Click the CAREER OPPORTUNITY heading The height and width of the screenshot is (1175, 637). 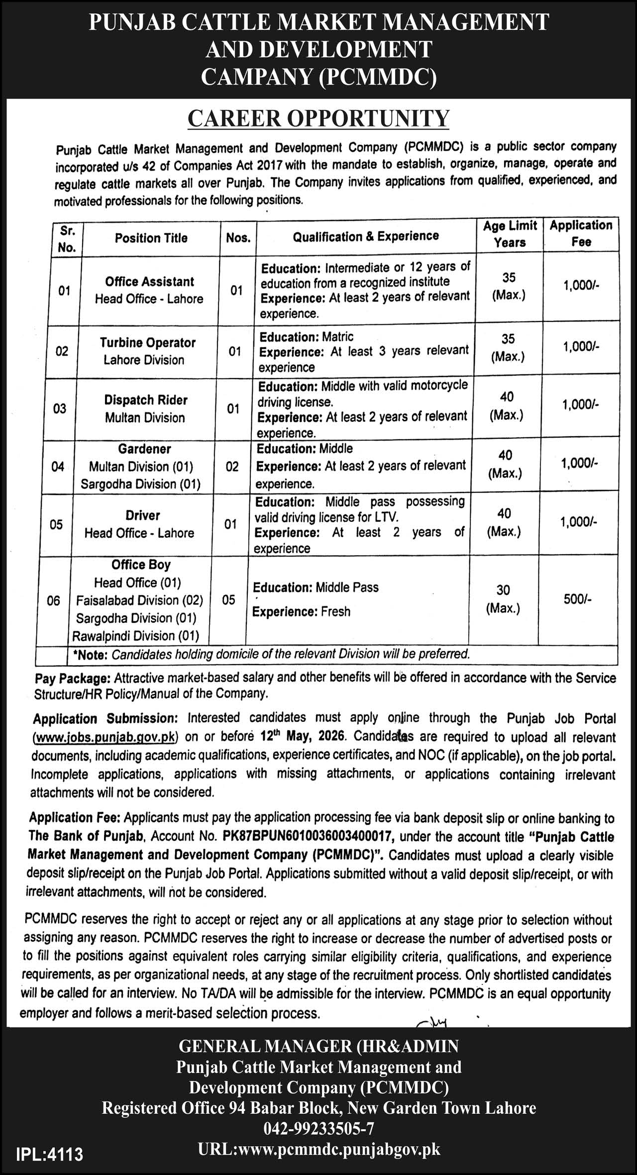click(x=318, y=118)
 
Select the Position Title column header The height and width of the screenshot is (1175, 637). click(x=151, y=238)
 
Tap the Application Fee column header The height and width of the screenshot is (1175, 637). click(x=581, y=233)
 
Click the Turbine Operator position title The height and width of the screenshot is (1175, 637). click(x=148, y=343)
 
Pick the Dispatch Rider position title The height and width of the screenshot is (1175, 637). click(x=146, y=400)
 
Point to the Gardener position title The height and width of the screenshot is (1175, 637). click(x=145, y=449)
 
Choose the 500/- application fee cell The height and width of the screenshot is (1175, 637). click(x=577, y=599)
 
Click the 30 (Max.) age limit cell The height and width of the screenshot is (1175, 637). click(x=503, y=599)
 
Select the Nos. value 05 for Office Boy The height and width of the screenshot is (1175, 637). click(x=228, y=600)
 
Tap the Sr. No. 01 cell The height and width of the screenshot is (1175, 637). click(x=64, y=291)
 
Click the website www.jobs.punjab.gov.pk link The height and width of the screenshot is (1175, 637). click(x=105, y=737)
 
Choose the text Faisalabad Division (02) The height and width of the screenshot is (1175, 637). click(x=140, y=600)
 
